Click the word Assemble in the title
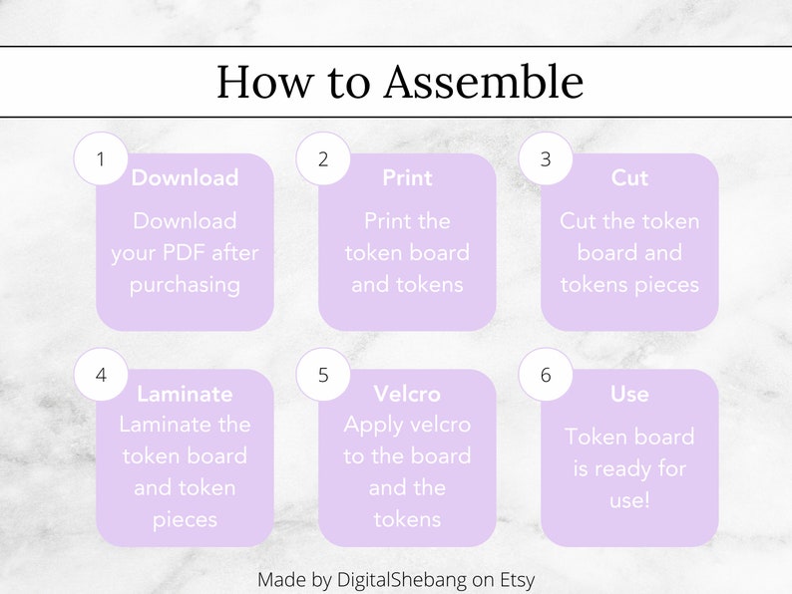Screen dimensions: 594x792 click(484, 83)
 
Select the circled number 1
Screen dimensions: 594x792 click(100, 158)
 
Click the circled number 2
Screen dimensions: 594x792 click(322, 158)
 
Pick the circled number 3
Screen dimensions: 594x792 click(545, 158)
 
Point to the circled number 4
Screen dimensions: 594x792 click(100, 375)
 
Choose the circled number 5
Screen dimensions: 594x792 click(322, 375)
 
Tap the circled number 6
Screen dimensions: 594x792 click(545, 375)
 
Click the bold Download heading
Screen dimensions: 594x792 click(185, 178)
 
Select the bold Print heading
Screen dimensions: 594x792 click(407, 178)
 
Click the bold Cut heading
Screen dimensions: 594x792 click(629, 178)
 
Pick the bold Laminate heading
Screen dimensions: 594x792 click(185, 394)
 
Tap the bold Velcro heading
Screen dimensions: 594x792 click(407, 394)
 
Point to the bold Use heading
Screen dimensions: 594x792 click(629, 394)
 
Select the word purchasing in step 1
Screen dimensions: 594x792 click(185, 284)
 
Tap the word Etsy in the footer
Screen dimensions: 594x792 click(515, 579)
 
